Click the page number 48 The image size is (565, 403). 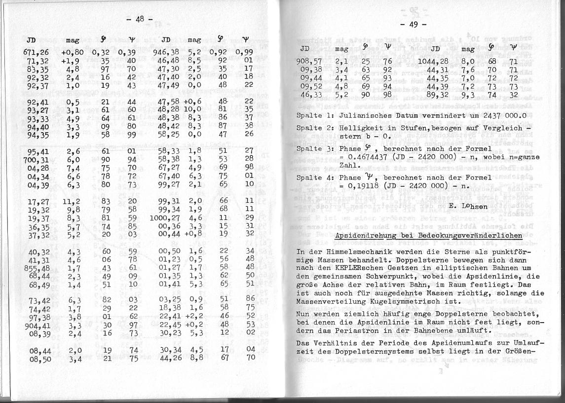pos(140,19)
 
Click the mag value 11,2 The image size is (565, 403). pos(71,201)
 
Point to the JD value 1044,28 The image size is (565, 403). pos(434,61)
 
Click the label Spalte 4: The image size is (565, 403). pos(316,177)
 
